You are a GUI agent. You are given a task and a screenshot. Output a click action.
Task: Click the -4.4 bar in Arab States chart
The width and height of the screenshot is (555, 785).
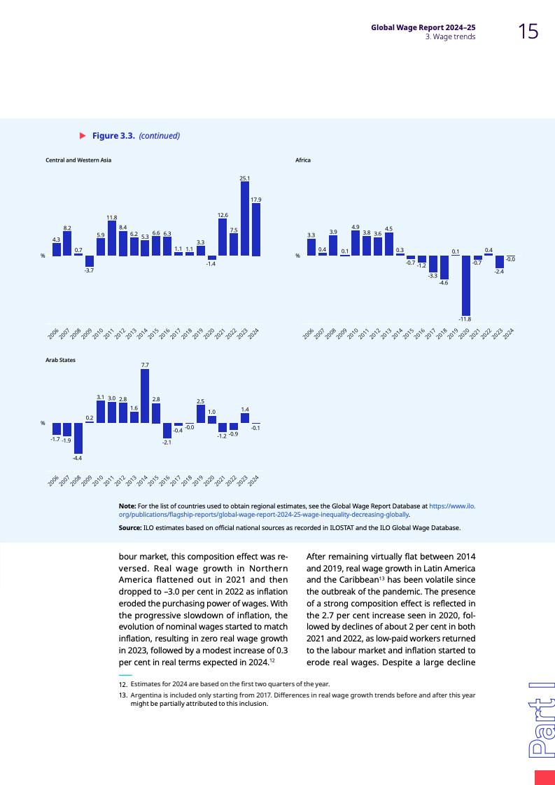pyautogui.click(x=78, y=438)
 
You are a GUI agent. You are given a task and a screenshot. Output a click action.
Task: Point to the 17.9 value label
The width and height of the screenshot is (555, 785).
pyautogui.click(x=256, y=199)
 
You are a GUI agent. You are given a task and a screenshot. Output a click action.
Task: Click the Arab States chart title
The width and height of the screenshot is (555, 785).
pyautogui.click(x=60, y=359)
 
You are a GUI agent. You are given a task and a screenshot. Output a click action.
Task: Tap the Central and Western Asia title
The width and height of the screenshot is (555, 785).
pyautogui.click(x=78, y=160)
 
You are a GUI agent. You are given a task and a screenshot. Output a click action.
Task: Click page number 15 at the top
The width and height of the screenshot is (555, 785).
pyautogui.click(x=528, y=31)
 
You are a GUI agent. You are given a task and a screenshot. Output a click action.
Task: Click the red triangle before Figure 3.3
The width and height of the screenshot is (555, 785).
pyautogui.click(x=82, y=135)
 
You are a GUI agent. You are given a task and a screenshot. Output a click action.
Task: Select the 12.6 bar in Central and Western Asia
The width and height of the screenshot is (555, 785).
pyautogui.click(x=223, y=237)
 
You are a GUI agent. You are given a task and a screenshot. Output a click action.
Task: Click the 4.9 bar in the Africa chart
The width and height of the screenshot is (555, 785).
pyautogui.click(x=356, y=243)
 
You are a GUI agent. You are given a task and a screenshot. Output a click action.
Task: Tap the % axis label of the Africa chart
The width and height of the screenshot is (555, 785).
pyautogui.click(x=297, y=256)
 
